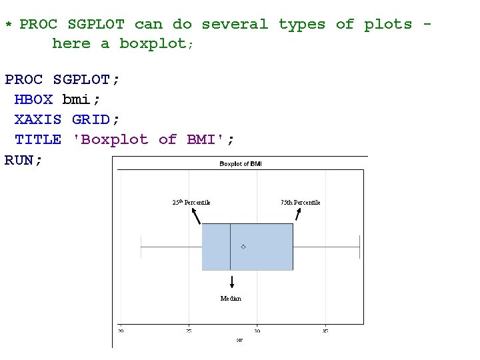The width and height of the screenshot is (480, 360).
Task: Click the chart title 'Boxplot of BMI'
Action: coord(241,164)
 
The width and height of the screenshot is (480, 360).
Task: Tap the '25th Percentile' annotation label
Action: coord(191,202)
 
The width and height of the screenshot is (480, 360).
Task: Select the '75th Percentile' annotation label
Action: coord(300,202)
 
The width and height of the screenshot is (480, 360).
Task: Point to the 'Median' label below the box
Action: coord(231,299)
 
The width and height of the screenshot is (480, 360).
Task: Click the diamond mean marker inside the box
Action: coord(243,247)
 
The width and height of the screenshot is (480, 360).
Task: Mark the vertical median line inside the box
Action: coord(230,247)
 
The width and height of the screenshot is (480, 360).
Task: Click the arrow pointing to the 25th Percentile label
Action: coord(196,216)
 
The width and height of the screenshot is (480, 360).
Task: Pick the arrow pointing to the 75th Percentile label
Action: coord(298,215)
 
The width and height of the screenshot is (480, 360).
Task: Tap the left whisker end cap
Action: coord(141,247)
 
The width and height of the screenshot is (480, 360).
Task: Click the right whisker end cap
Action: coord(360,247)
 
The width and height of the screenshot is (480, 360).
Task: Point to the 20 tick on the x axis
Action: coord(121,331)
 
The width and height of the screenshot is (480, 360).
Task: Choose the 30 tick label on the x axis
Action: coord(257,331)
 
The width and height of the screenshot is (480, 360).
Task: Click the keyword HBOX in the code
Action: coord(33,100)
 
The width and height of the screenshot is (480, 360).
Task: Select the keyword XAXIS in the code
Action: coord(38,120)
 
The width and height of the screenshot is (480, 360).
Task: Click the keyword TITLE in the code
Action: coord(38,140)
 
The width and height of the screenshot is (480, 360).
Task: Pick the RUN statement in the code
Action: coord(21,160)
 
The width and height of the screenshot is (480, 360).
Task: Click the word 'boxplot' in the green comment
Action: coord(153,44)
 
